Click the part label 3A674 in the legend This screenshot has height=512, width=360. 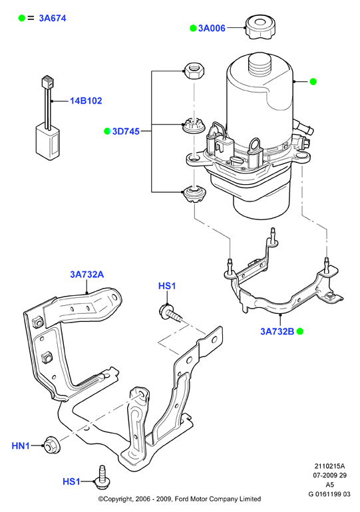tap(53, 19)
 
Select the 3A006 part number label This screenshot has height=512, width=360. tap(212, 28)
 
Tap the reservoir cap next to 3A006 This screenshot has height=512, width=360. tap(259, 27)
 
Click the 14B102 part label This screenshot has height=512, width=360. tap(86, 100)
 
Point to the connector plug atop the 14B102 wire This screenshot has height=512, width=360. tap(48, 82)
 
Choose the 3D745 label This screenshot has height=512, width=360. tap(126, 131)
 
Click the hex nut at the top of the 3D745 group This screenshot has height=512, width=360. tap(194, 71)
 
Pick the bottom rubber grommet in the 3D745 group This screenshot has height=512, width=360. tap(194, 195)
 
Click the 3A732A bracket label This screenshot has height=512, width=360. tap(87, 274)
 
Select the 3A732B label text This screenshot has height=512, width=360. tap(277, 331)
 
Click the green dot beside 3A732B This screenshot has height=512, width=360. tap(300, 331)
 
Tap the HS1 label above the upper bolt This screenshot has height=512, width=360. tap(167, 286)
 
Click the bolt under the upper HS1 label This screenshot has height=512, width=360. tap(171, 313)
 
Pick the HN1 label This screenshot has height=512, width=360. tap(21, 446)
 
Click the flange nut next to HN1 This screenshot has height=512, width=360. tap(51, 444)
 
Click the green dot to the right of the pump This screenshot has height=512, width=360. tap(313, 82)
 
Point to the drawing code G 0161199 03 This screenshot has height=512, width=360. tap(329, 494)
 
